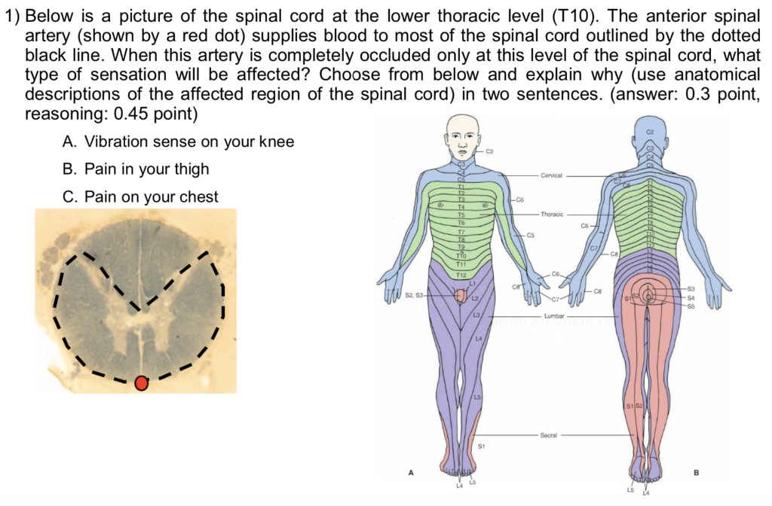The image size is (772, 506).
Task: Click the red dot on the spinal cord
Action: click(x=141, y=384)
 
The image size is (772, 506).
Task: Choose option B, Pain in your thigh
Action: click(x=136, y=169)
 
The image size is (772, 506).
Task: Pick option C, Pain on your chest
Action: click(x=141, y=197)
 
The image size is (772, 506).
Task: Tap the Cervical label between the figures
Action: click(x=551, y=175)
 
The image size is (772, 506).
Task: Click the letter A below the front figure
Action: click(x=411, y=472)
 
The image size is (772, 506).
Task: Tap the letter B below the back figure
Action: click(x=696, y=473)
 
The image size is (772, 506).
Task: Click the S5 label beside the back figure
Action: click(x=691, y=306)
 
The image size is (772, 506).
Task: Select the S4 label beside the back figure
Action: click(x=691, y=297)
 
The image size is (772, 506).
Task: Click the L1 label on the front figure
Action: click(x=473, y=283)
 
